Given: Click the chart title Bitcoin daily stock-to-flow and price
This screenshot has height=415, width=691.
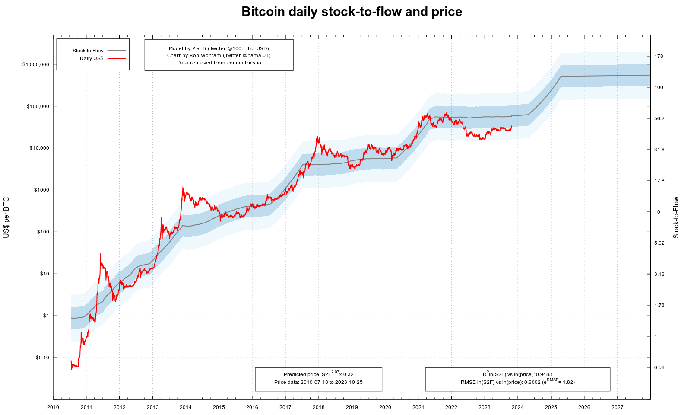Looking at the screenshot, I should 352,12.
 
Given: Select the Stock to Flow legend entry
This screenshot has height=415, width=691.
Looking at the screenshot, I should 88,51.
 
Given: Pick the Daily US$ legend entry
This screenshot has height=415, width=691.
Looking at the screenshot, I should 92,58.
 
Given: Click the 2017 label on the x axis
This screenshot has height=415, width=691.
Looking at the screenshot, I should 285,407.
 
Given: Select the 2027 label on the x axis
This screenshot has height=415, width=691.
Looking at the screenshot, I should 617,407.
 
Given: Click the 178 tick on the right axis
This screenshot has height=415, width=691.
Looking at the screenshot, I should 659,56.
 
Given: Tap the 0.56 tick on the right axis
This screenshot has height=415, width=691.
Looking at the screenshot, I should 659,367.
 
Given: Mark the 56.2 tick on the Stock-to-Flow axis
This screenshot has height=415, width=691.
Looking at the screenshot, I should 659,118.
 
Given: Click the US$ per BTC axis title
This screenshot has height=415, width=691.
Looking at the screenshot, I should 6,217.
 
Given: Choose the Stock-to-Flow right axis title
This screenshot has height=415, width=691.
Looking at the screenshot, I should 676,217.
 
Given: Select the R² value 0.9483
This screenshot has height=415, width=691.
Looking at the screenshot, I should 544,374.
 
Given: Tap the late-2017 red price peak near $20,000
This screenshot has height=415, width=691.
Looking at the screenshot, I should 317,137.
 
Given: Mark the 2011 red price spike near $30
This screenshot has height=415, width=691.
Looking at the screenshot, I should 100,254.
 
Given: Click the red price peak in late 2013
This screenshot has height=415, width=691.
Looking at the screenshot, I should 183,188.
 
